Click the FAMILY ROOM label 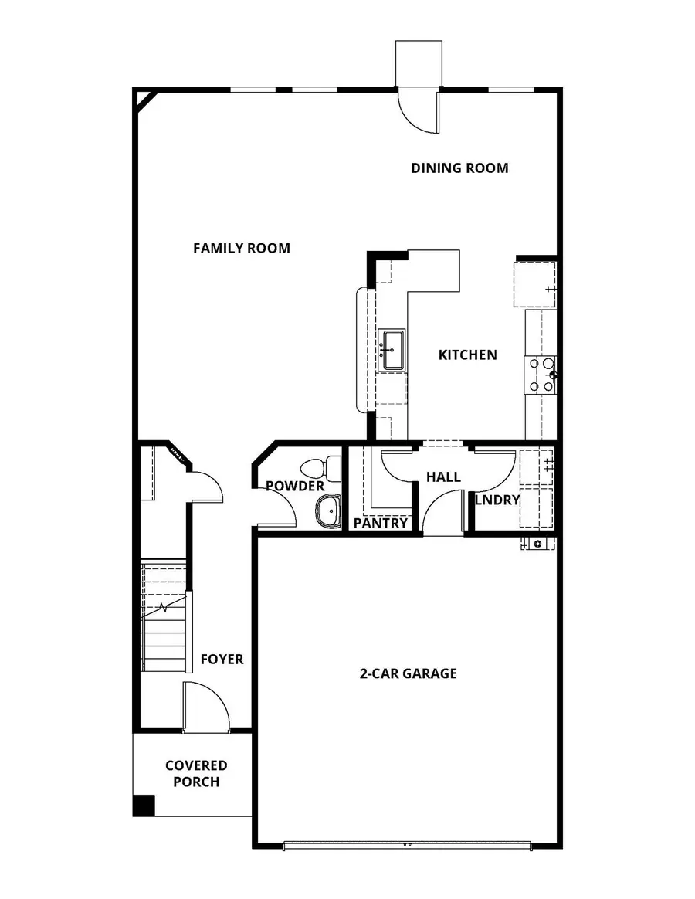point(242,248)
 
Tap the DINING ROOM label point(459,168)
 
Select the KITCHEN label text point(467,355)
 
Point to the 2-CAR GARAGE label point(409,673)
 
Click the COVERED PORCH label point(196,773)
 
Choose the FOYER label point(222,659)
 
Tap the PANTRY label point(381,523)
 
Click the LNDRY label point(497,500)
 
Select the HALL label point(443,477)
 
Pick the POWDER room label point(295,486)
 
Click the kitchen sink point(392,350)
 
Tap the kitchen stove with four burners point(541,374)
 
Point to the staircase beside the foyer point(164,618)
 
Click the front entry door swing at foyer point(205,707)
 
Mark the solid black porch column point(144,805)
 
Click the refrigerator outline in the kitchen point(534,284)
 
